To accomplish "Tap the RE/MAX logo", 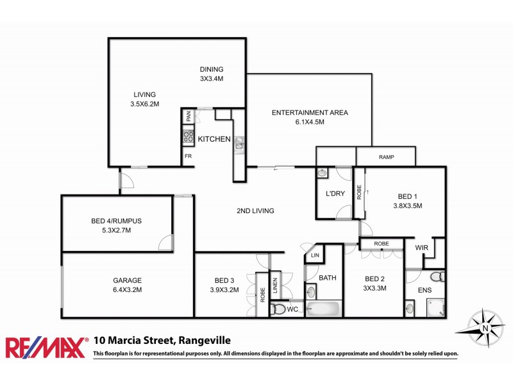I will tap(46, 347).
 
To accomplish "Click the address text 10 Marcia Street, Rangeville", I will tap(162, 341).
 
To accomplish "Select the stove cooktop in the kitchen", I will tap(189, 136).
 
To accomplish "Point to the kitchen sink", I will tap(239, 143).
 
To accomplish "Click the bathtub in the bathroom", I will tap(323, 309).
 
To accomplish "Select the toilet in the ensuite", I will tap(436, 277).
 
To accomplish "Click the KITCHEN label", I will tap(214, 139).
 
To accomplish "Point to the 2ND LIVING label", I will tap(255, 210).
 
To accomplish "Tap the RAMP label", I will tap(386, 157).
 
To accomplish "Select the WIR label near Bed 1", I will tap(421, 247).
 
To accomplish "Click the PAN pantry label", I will tap(189, 117).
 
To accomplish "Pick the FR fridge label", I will tap(189, 156).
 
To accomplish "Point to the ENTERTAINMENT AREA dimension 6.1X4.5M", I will tap(310, 123).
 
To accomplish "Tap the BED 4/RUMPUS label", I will tap(116, 221).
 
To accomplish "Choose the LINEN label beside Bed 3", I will tap(275, 285).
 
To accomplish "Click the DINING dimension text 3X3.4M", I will tap(211, 79).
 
